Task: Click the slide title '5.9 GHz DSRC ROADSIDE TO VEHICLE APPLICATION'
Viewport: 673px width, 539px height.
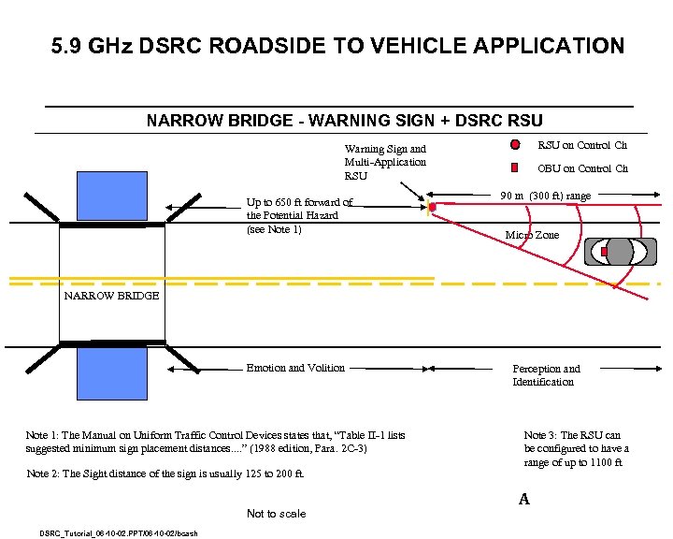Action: [x=337, y=45]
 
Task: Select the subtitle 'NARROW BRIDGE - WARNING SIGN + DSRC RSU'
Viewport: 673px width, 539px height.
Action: [x=345, y=121]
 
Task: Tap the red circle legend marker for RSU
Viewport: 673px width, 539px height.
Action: [x=515, y=146]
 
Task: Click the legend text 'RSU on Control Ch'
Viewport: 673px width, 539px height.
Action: [x=580, y=145]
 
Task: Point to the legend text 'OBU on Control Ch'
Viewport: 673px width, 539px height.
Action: [x=580, y=168]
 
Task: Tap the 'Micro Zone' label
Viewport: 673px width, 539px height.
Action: [x=532, y=235]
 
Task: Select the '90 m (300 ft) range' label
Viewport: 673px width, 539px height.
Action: [x=545, y=196]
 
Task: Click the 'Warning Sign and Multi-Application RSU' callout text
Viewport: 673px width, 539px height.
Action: [x=385, y=162]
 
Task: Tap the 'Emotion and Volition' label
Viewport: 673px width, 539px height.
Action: [x=295, y=368]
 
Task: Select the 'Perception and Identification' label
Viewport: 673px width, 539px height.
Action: [x=546, y=375]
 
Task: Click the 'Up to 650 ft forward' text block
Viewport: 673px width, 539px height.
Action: [x=298, y=215]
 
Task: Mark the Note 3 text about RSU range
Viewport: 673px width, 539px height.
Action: [x=576, y=449]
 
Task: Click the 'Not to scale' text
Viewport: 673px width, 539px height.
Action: [x=276, y=514]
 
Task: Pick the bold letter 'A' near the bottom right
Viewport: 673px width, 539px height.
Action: [x=524, y=500]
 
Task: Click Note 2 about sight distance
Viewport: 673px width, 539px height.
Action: [x=165, y=473]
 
